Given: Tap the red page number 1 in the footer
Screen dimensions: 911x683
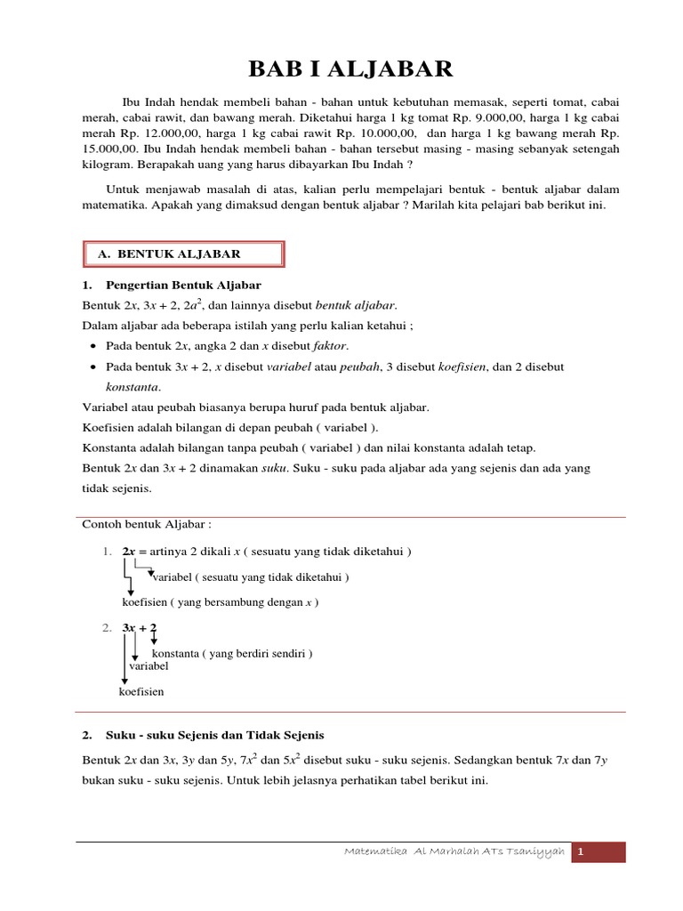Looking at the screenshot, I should (x=581, y=852).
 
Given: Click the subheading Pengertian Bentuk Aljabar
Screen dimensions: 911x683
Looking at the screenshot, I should (x=183, y=286).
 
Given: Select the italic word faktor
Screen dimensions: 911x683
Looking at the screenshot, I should (x=327, y=346).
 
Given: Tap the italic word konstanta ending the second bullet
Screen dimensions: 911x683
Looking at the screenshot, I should (x=133, y=387).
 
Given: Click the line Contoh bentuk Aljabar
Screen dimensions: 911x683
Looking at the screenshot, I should (x=148, y=524).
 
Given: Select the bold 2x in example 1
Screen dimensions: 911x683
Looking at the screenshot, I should (x=130, y=552).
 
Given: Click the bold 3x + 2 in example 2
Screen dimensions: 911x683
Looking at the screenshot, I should (x=140, y=628).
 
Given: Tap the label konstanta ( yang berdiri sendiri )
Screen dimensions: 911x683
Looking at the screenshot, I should (x=232, y=653).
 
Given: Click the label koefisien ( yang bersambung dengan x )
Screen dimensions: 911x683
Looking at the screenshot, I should (x=220, y=602).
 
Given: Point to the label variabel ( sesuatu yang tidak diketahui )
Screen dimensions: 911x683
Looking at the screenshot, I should (x=251, y=577).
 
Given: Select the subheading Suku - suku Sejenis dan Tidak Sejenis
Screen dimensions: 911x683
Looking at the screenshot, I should (x=215, y=736).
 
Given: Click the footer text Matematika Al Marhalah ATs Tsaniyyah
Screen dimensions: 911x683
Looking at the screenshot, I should (x=454, y=852).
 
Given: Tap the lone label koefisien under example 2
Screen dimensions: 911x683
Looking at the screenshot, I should (x=141, y=691).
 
